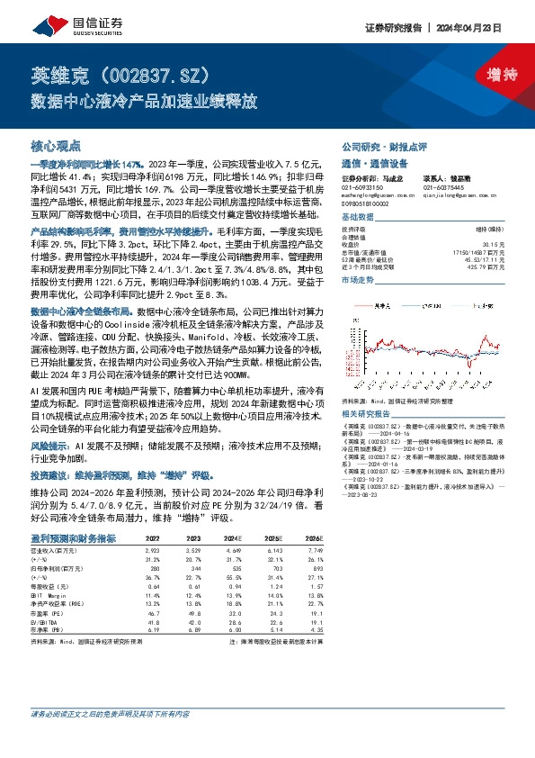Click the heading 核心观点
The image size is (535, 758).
pyautogui.click(x=56, y=145)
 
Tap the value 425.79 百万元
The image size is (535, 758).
pyautogui.click(x=478, y=266)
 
